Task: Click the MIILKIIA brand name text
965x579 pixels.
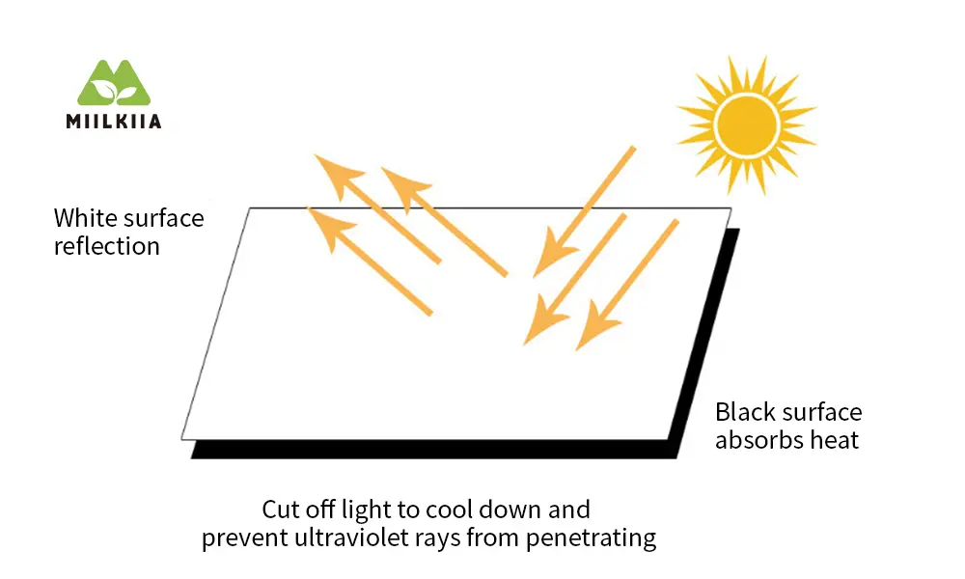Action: (x=114, y=122)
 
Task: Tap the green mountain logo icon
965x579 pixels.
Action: (x=114, y=82)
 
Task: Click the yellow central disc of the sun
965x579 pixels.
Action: (x=747, y=124)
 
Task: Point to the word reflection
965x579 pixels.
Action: (x=107, y=246)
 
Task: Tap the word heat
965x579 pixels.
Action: (x=834, y=440)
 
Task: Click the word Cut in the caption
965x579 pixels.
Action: (x=279, y=510)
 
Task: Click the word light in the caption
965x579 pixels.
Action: (x=366, y=510)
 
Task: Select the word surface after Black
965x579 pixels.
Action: (x=823, y=412)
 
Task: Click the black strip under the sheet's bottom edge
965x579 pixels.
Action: (x=434, y=450)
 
